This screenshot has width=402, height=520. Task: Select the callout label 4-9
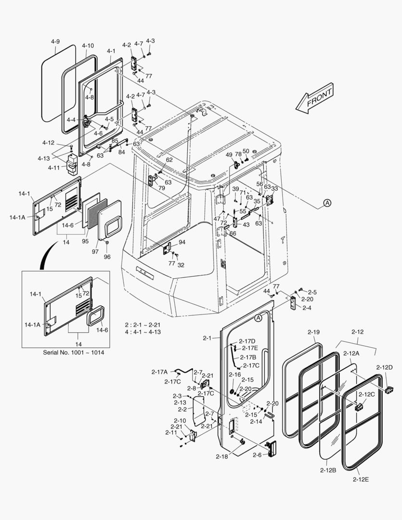(55, 42)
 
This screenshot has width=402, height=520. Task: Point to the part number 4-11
(54, 167)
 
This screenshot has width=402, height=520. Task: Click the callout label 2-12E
(362, 479)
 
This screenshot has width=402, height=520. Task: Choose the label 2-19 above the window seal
(314, 332)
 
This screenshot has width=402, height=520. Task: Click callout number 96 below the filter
(107, 257)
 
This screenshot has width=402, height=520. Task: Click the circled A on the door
(258, 318)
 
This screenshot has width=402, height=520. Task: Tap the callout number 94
(182, 242)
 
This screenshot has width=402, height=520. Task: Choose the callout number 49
(229, 155)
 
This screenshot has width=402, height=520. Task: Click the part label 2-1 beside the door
(207, 338)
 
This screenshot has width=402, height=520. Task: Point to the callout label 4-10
(88, 46)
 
